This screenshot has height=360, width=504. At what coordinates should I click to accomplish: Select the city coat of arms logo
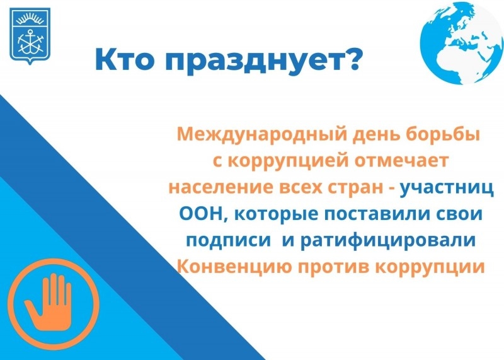pyautogui.click(x=30, y=36)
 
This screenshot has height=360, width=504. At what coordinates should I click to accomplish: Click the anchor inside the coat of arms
pyautogui.click(x=30, y=42)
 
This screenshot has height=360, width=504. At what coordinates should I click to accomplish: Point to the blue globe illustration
pyautogui.click(x=462, y=43)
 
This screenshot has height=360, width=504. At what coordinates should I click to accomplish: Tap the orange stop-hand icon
pyautogui.click(x=54, y=304)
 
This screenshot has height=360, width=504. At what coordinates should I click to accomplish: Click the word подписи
pyautogui.click(x=229, y=241)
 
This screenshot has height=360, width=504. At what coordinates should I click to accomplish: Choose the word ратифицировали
pyautogui.click(x=387, y=241)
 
